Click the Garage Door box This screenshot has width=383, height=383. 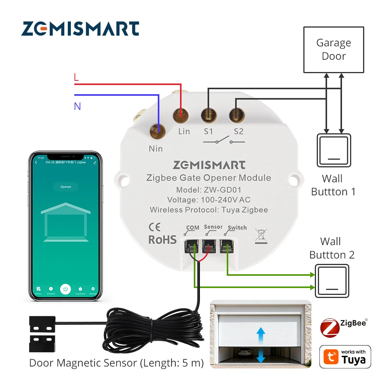tap(334, 49)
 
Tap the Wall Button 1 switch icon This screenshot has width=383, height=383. tap(334, 150)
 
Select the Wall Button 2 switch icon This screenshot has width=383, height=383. tap(332, 280)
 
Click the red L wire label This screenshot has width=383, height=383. tap(76, 77)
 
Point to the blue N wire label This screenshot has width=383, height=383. tap(77, 106)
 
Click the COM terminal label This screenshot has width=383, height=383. tap(192, 228)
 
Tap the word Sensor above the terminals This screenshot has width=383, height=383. tap(213, 227)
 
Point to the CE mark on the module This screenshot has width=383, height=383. tap(154, 227)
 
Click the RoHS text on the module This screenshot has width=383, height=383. tap(162, 240)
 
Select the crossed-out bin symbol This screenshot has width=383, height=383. tap(261, 236)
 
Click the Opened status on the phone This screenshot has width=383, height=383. tap(65, 187)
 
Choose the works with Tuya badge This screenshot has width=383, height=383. tap(345, 357)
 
